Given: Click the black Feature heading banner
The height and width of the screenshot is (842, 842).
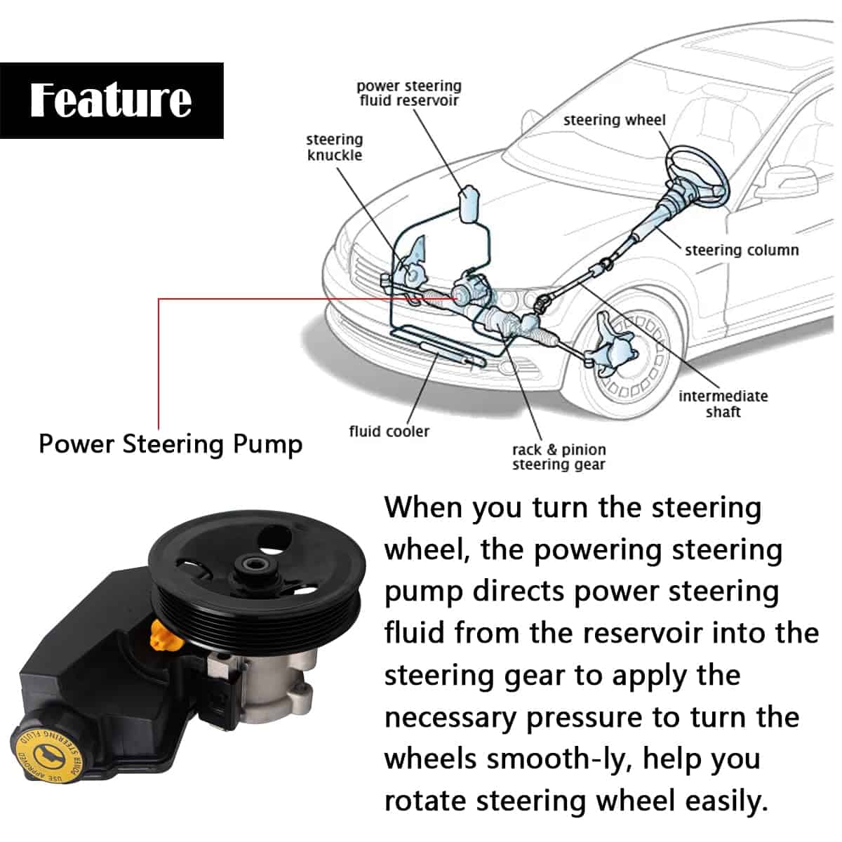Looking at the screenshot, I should point(112,100).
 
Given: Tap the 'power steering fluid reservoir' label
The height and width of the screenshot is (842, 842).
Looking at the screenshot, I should point(409,93).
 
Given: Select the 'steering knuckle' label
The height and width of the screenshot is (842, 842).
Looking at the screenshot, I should point(335,147).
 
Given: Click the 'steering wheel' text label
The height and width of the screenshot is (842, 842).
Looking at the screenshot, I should point(614,120).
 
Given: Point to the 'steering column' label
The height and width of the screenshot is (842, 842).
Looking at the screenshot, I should point(741,250).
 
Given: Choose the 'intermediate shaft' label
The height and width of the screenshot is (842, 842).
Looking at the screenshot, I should point(723,403).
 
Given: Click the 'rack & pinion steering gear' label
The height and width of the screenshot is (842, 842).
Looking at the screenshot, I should point(559,457).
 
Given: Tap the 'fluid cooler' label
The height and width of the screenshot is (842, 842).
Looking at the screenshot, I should point(389,432).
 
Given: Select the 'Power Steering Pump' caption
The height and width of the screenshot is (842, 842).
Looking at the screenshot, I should point(171,444).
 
